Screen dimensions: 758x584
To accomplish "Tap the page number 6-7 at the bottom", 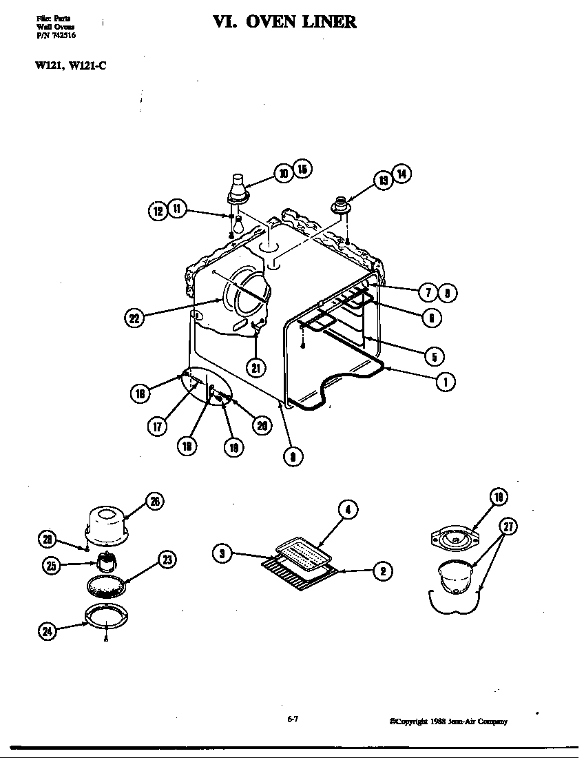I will (292, 719).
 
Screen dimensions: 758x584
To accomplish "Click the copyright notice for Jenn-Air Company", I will (448, 721).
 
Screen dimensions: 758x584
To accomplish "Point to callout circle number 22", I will (135, 318).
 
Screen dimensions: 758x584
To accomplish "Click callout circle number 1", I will (446, 381).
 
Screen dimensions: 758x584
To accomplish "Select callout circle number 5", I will (434, 356).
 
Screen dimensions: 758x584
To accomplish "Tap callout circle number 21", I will (255, 367).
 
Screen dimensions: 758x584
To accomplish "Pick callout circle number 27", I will (508, 529).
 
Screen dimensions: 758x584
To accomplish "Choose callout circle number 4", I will (348, 510).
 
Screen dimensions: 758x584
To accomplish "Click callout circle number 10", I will (283, 173).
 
